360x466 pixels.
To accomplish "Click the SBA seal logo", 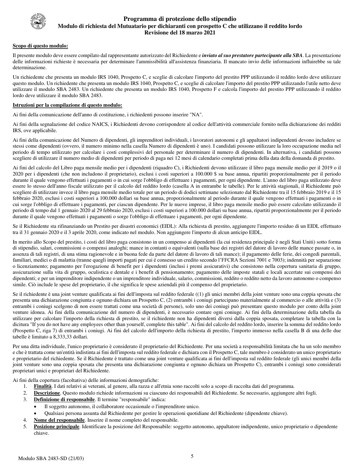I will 38,22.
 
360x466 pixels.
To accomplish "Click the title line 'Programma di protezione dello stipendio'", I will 180,19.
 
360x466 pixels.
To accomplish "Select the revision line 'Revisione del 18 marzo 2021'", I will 180,33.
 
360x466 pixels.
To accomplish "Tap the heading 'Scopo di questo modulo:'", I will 41,46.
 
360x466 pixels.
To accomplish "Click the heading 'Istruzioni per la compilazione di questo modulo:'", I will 67,105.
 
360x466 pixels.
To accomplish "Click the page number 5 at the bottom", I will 192,456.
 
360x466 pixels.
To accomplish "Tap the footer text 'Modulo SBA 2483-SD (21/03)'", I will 51,458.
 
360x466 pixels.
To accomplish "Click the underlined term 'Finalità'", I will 42,386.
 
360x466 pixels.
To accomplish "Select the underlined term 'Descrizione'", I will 47,393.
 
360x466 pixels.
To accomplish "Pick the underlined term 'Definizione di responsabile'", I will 64,400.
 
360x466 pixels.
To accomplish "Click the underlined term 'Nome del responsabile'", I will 59,420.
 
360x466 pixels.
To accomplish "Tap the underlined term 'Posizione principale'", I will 57,427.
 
